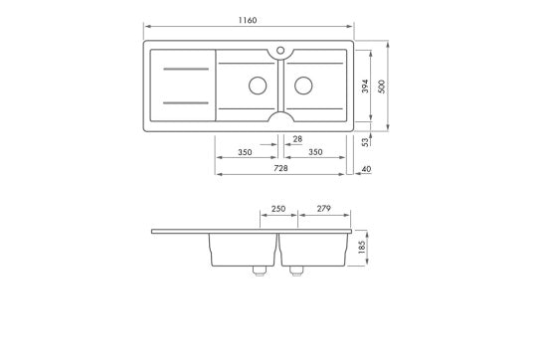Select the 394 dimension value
[x=365, y=86]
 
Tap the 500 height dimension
[x=380, y=86]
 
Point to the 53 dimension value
[x=366, y=142]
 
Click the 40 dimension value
[x=367, y=169]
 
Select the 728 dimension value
[x=281, y=169]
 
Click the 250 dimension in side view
[x=278, y=209]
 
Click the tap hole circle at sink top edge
[x=281, y=47]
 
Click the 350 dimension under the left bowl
[x=245, y=152]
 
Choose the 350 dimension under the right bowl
[x=315, y=152]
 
